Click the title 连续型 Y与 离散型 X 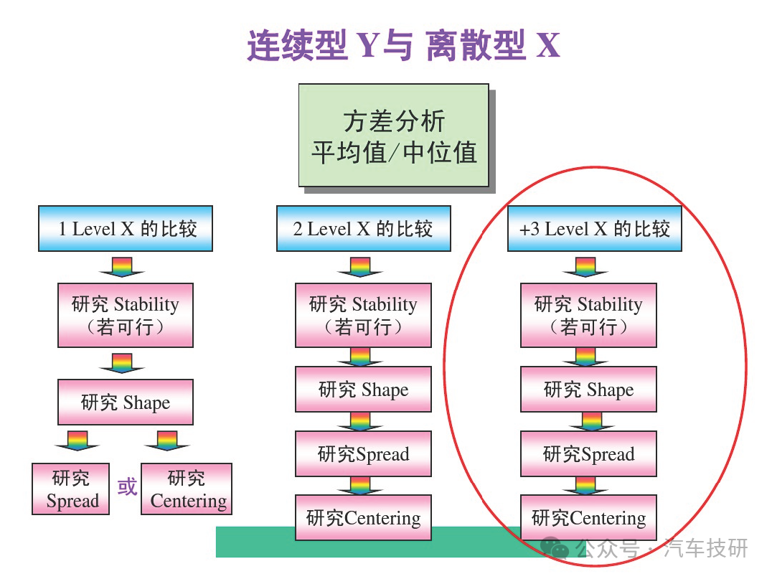[x=403, y=45]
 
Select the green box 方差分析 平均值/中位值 [x=394, y=135]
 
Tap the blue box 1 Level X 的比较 [x=126, y=228]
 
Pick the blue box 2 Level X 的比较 [x=363, y=228]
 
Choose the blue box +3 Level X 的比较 [x=595, y=228]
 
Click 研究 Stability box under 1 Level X [x=126, y=315]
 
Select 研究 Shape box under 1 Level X [x=126, y=402]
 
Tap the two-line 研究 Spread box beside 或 [x=70, y=489]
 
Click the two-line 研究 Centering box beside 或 [x=186, y=489]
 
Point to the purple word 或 [x=127, y=487]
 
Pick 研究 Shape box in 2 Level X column [x=363, y=389]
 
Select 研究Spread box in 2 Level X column [x=363, y=453]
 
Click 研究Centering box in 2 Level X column [x=363, y=517]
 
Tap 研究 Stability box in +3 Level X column [x=589, y=315]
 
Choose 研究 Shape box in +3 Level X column [x=589, y=389]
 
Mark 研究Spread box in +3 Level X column [x=589, y=453]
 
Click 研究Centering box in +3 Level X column [x=589, y=517]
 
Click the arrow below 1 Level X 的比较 [x=121, y=267]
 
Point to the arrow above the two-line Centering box [x=167, y=441]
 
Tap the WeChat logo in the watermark [x=555, y=547]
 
